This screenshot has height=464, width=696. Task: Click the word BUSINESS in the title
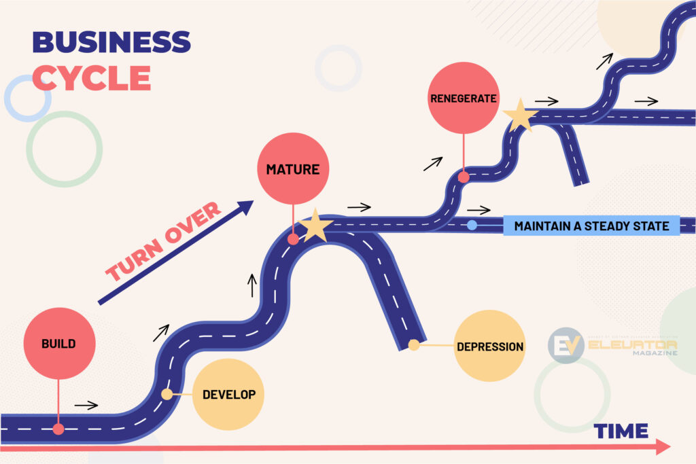(111, 42)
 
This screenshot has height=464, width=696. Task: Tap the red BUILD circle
(58, 344)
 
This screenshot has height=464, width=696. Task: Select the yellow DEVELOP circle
(228, 394)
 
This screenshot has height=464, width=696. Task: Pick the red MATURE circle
(293, 168)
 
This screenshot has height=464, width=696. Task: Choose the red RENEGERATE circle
(463, 99)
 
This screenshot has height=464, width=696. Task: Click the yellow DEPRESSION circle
(489, 346)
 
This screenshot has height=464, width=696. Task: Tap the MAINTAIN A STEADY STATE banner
(591, 226)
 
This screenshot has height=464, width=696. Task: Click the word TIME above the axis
(621, 431)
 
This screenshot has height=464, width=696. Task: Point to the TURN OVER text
(164, 242)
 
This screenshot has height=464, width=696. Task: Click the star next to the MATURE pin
(315, 226)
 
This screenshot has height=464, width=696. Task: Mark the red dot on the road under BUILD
(58, 429)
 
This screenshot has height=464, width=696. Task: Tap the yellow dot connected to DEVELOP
(167, 394)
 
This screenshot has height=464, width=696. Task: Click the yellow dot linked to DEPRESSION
(413, 345)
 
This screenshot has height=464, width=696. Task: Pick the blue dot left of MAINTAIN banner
(472, 225)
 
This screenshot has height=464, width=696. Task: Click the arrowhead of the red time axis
(663, 446)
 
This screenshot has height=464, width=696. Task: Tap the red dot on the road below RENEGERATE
(464, 177)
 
